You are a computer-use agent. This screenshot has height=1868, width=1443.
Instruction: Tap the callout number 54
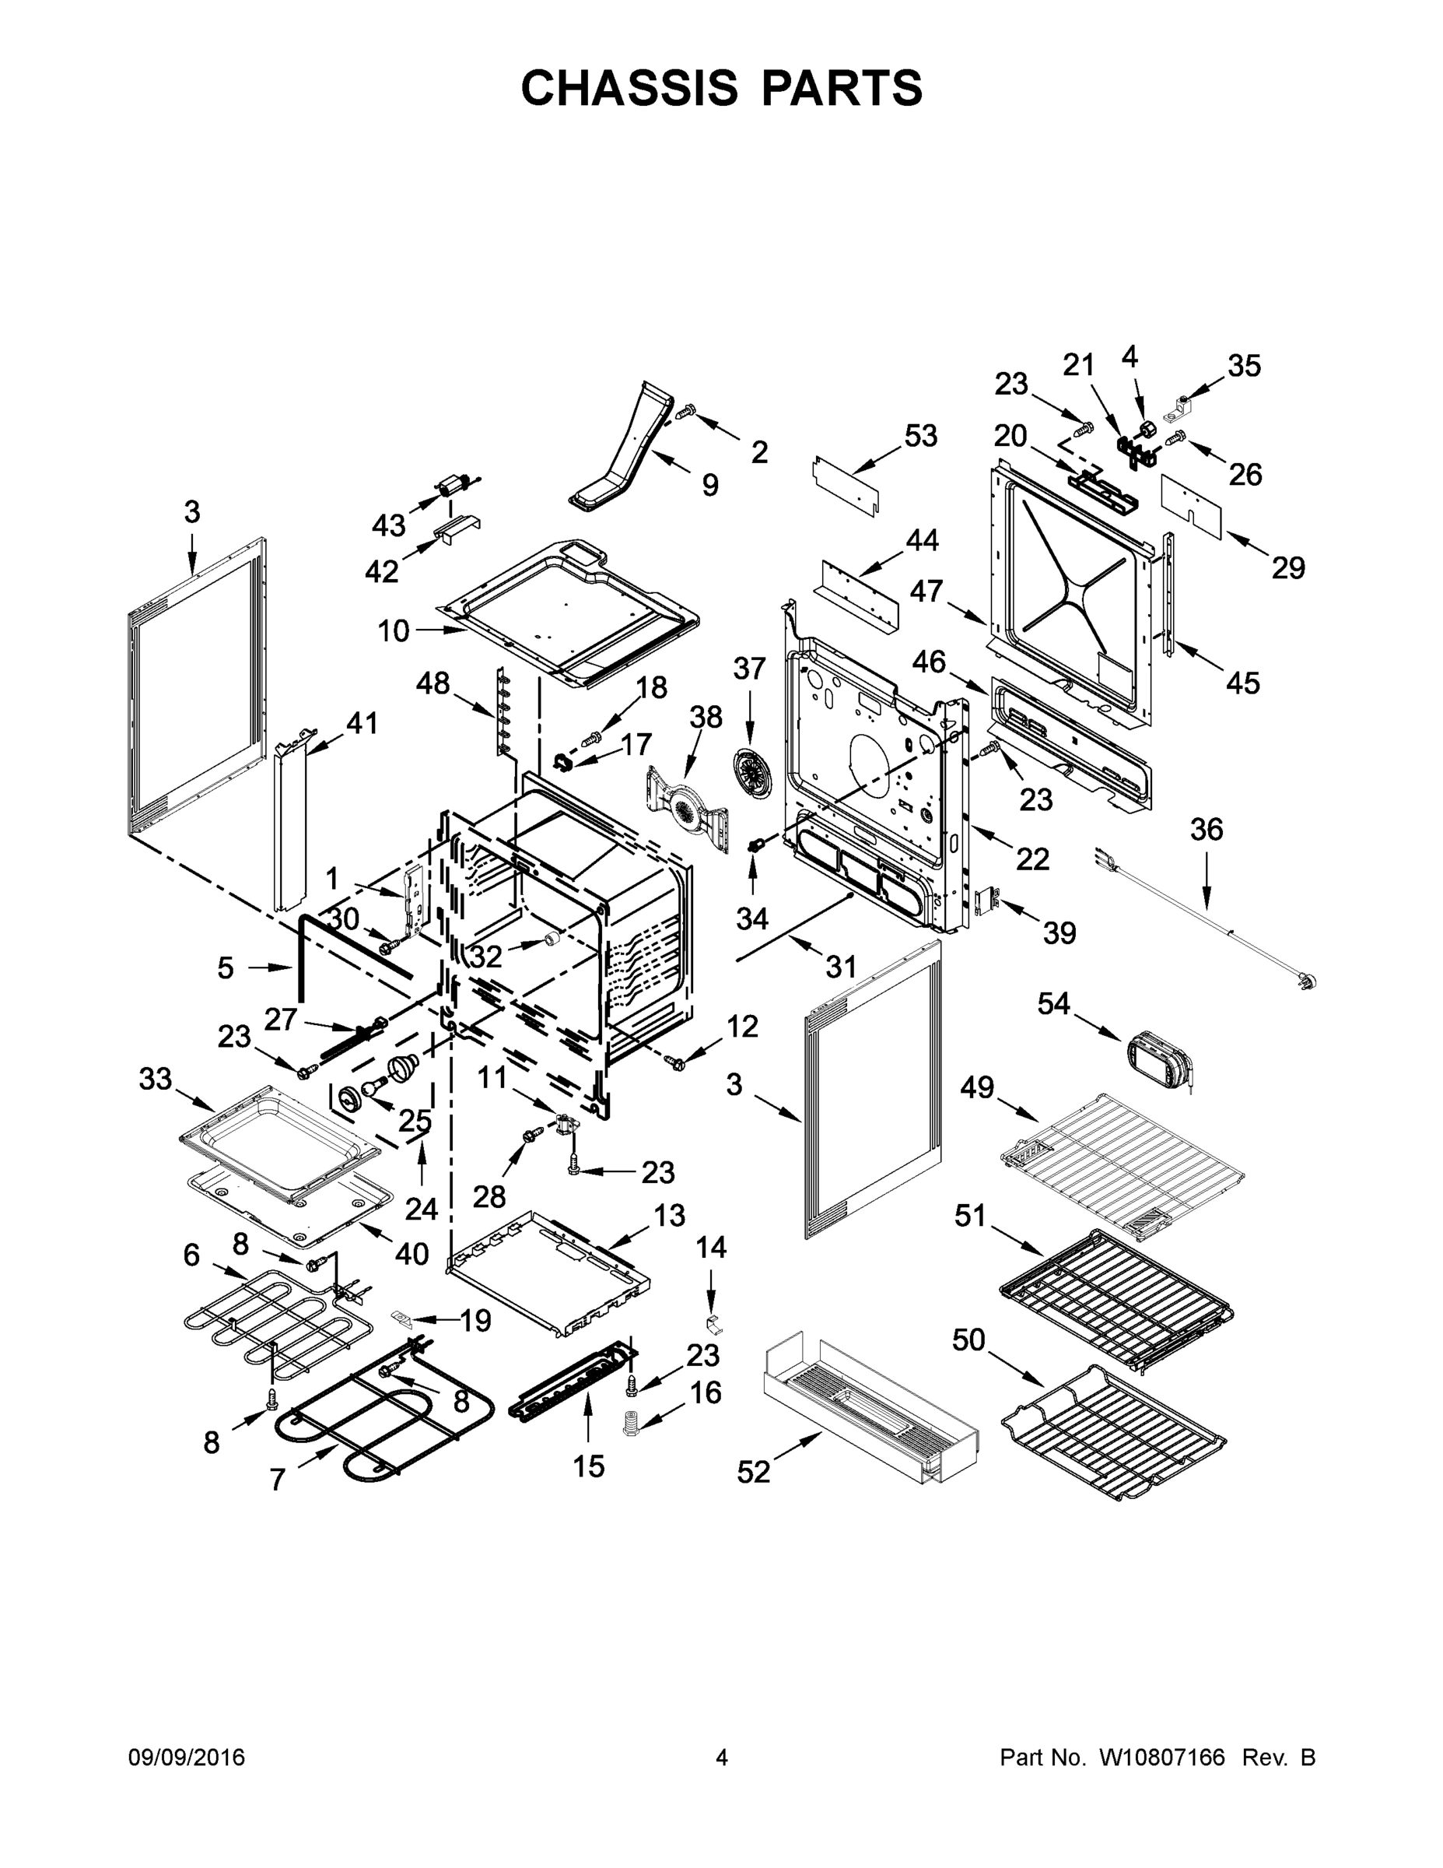click(1053, 1003)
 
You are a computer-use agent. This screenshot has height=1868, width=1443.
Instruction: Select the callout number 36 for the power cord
click(1207, 829)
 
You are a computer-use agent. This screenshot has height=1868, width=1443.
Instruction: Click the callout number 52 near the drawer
click(753, 1472)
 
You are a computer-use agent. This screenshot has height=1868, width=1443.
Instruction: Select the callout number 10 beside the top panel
click(394, 631)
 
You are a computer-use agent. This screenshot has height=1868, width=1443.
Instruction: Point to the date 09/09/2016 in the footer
click(187, 1757)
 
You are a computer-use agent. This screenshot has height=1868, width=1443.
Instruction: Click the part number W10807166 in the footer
click(1161, 1757)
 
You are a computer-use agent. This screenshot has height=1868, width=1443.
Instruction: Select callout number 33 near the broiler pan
click(156, 1080)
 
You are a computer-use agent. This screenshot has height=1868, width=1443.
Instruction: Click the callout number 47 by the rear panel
click(926, 590)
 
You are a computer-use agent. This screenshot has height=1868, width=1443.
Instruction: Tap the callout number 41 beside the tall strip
click(361, 723)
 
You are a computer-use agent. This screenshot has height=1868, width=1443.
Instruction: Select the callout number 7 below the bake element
click(277, 1479)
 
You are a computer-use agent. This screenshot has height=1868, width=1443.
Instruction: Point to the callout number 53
click(921, 435)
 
